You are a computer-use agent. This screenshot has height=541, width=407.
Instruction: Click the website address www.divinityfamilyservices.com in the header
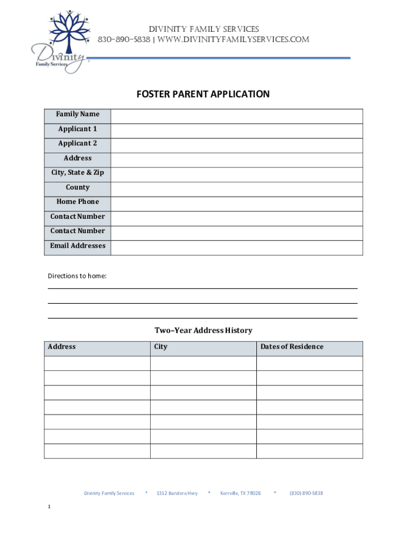click(233, 40)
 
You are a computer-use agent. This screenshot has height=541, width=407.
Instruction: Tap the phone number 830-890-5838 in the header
click(124, 40)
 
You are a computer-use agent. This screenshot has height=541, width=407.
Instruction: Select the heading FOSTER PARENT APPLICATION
click(203, 95)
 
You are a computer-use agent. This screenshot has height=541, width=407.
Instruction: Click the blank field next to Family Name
click(236, 116)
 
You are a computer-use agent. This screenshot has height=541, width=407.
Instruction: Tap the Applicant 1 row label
click(78, 129)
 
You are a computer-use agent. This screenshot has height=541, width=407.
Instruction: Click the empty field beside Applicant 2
click(236, 145)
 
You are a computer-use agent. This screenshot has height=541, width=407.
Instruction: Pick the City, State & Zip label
click(78, 173)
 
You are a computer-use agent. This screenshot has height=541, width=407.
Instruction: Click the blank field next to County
click(236, 189)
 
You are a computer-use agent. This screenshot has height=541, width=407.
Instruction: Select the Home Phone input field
click(236, 203)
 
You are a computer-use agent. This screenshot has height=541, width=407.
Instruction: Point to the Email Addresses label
click(78, 246)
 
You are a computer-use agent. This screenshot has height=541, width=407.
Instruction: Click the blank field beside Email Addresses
click(236, 248)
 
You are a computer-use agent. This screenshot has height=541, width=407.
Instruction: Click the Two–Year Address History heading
click(203, 331)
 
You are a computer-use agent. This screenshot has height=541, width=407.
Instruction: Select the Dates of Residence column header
click(291, 347)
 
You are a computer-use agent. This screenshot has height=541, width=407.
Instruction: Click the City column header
click(161, 347)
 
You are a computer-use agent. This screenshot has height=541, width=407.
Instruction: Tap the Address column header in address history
click(62, 347)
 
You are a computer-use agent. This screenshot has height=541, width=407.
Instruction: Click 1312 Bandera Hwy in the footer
click(177, 493)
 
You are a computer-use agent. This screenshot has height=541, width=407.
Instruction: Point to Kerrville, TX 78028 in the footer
click(240, 493)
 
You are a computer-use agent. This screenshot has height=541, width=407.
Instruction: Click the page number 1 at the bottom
click(49, 507)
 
